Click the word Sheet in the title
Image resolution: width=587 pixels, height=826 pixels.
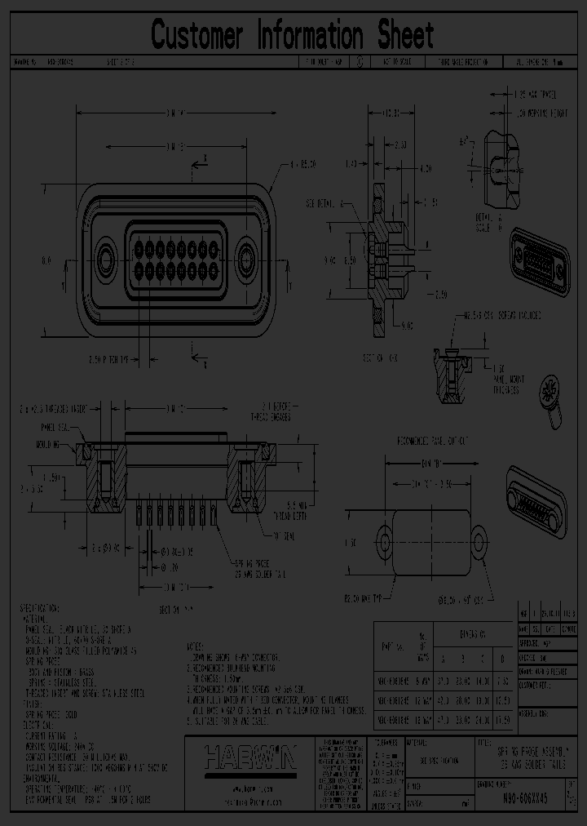click(405, 35)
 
